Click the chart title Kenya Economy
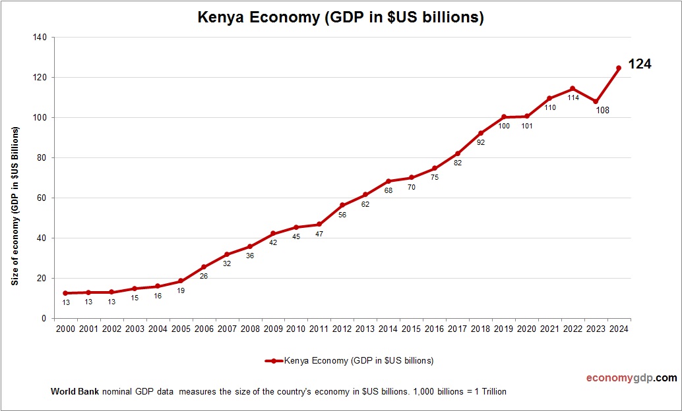(x=341, y=18)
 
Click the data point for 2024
(x=619, y=68)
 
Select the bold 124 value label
(x=639, y=65)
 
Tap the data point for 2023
(x=596, y=101)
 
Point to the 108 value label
(x=602, y=110)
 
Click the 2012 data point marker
(x=342, y=205)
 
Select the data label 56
(x=342, y=215)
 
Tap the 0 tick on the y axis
(x=44, y=319)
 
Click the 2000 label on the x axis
(x=65, y=329)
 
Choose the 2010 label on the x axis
(x=295, y=329)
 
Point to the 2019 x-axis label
(x=503, y=329)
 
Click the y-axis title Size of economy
(x=15, y=205)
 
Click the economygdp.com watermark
(x=631, y=378)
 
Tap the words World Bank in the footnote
(x=75, y=392)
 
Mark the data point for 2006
(x=204, y=267)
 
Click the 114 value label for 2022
(x=573, y=97)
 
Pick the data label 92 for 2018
(x=480, y=142)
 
